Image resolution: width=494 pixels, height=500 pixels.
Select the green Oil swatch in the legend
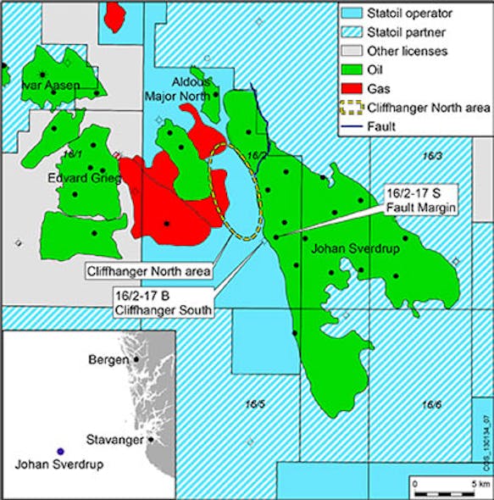click(352, 70)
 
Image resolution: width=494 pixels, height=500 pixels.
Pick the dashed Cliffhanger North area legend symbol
click(352, 108)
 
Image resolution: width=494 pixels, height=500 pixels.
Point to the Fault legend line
click(352, 127)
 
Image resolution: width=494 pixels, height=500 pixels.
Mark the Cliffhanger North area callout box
click(148, 271)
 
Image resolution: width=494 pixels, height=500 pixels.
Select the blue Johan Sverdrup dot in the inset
click(59, 451)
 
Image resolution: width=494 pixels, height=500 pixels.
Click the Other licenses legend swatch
click(352, 51)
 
